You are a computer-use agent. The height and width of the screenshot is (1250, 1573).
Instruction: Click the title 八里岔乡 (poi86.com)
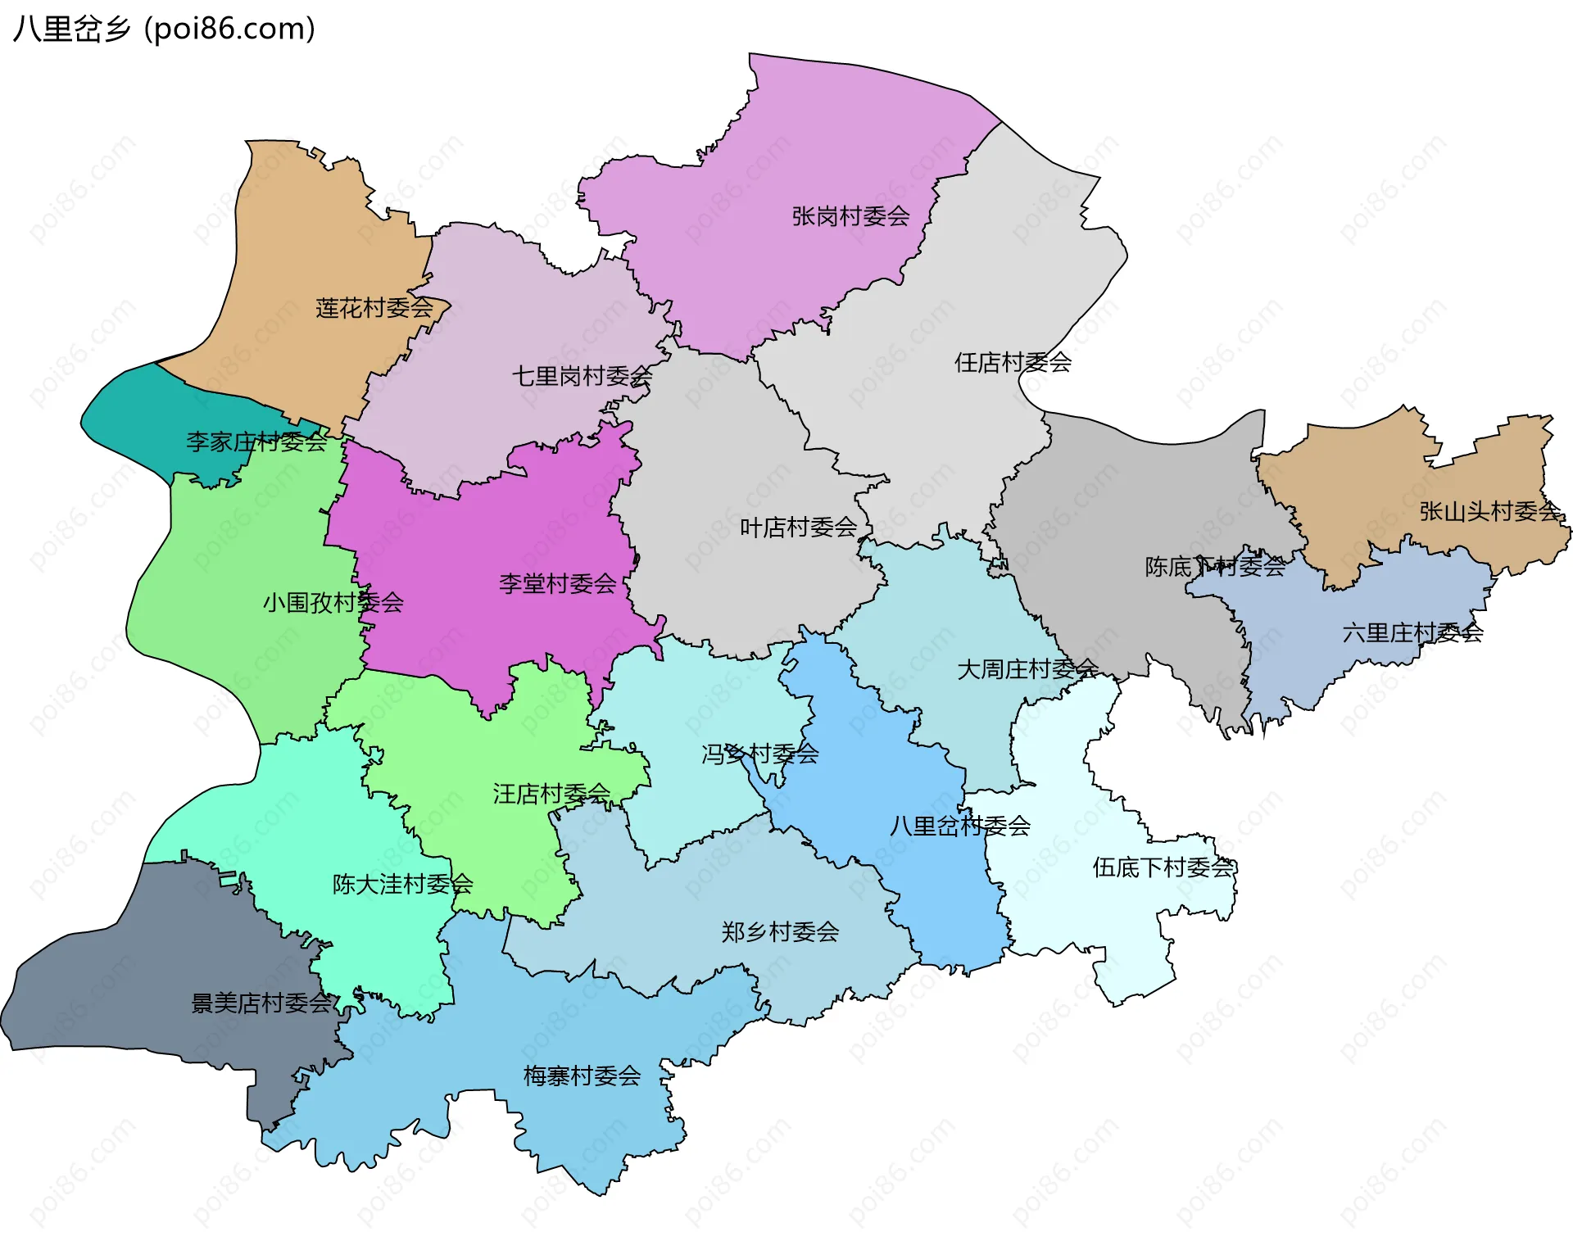(164, 29)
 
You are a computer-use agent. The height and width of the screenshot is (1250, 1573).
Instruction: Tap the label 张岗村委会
(850, 216)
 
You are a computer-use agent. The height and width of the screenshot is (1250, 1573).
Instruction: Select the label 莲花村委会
(374, 308)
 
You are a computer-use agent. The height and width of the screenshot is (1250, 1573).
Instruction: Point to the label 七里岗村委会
(582, 377)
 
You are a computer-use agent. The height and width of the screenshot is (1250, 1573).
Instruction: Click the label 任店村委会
(1013, 362)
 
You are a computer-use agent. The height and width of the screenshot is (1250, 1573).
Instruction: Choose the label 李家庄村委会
(256, 442)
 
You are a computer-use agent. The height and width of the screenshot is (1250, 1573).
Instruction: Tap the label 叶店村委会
(798, 528)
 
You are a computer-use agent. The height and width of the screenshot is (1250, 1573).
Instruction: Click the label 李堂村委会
(557, 584)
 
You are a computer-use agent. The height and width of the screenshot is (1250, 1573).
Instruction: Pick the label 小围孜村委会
(333, 603)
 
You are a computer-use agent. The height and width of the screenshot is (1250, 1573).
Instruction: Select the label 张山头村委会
(1490, 512)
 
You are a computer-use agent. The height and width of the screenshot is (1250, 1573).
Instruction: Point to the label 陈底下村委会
(1215, 566)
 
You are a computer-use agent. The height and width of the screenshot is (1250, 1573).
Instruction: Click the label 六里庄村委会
(1412, 632)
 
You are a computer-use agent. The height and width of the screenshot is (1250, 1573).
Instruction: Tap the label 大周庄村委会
(1027, 669)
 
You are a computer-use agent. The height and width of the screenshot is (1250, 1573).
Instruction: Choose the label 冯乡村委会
(759, 754)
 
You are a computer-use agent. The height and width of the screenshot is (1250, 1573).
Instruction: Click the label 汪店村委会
(551, 794)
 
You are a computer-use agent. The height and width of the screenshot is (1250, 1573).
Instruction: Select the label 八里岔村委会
(960, 826)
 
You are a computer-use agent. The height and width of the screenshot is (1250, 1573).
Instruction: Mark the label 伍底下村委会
(1163, 867)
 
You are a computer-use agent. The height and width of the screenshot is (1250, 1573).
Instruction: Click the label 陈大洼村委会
(402, 884)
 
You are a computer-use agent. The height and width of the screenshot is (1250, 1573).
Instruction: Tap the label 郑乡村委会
(780, 932)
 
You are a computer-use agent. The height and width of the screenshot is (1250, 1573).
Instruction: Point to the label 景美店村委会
(261, 1003)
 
